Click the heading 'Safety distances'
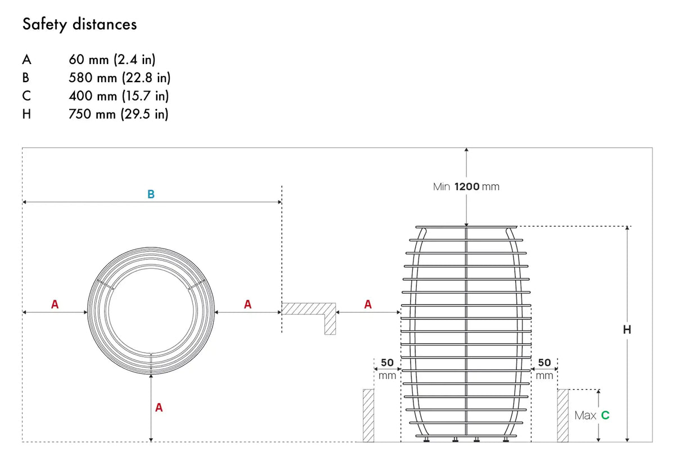pos(79,24)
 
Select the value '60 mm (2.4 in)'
pos(112,60)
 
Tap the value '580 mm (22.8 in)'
pos(120,78)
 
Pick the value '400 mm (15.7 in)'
pos(119,96)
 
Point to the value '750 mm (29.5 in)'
pos(119,114)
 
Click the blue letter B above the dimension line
pos(151,194)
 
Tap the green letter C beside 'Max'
pos(605,416)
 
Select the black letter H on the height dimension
pos(627,330)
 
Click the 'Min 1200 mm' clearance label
pos(466,187)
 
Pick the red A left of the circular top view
pos(55,304)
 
